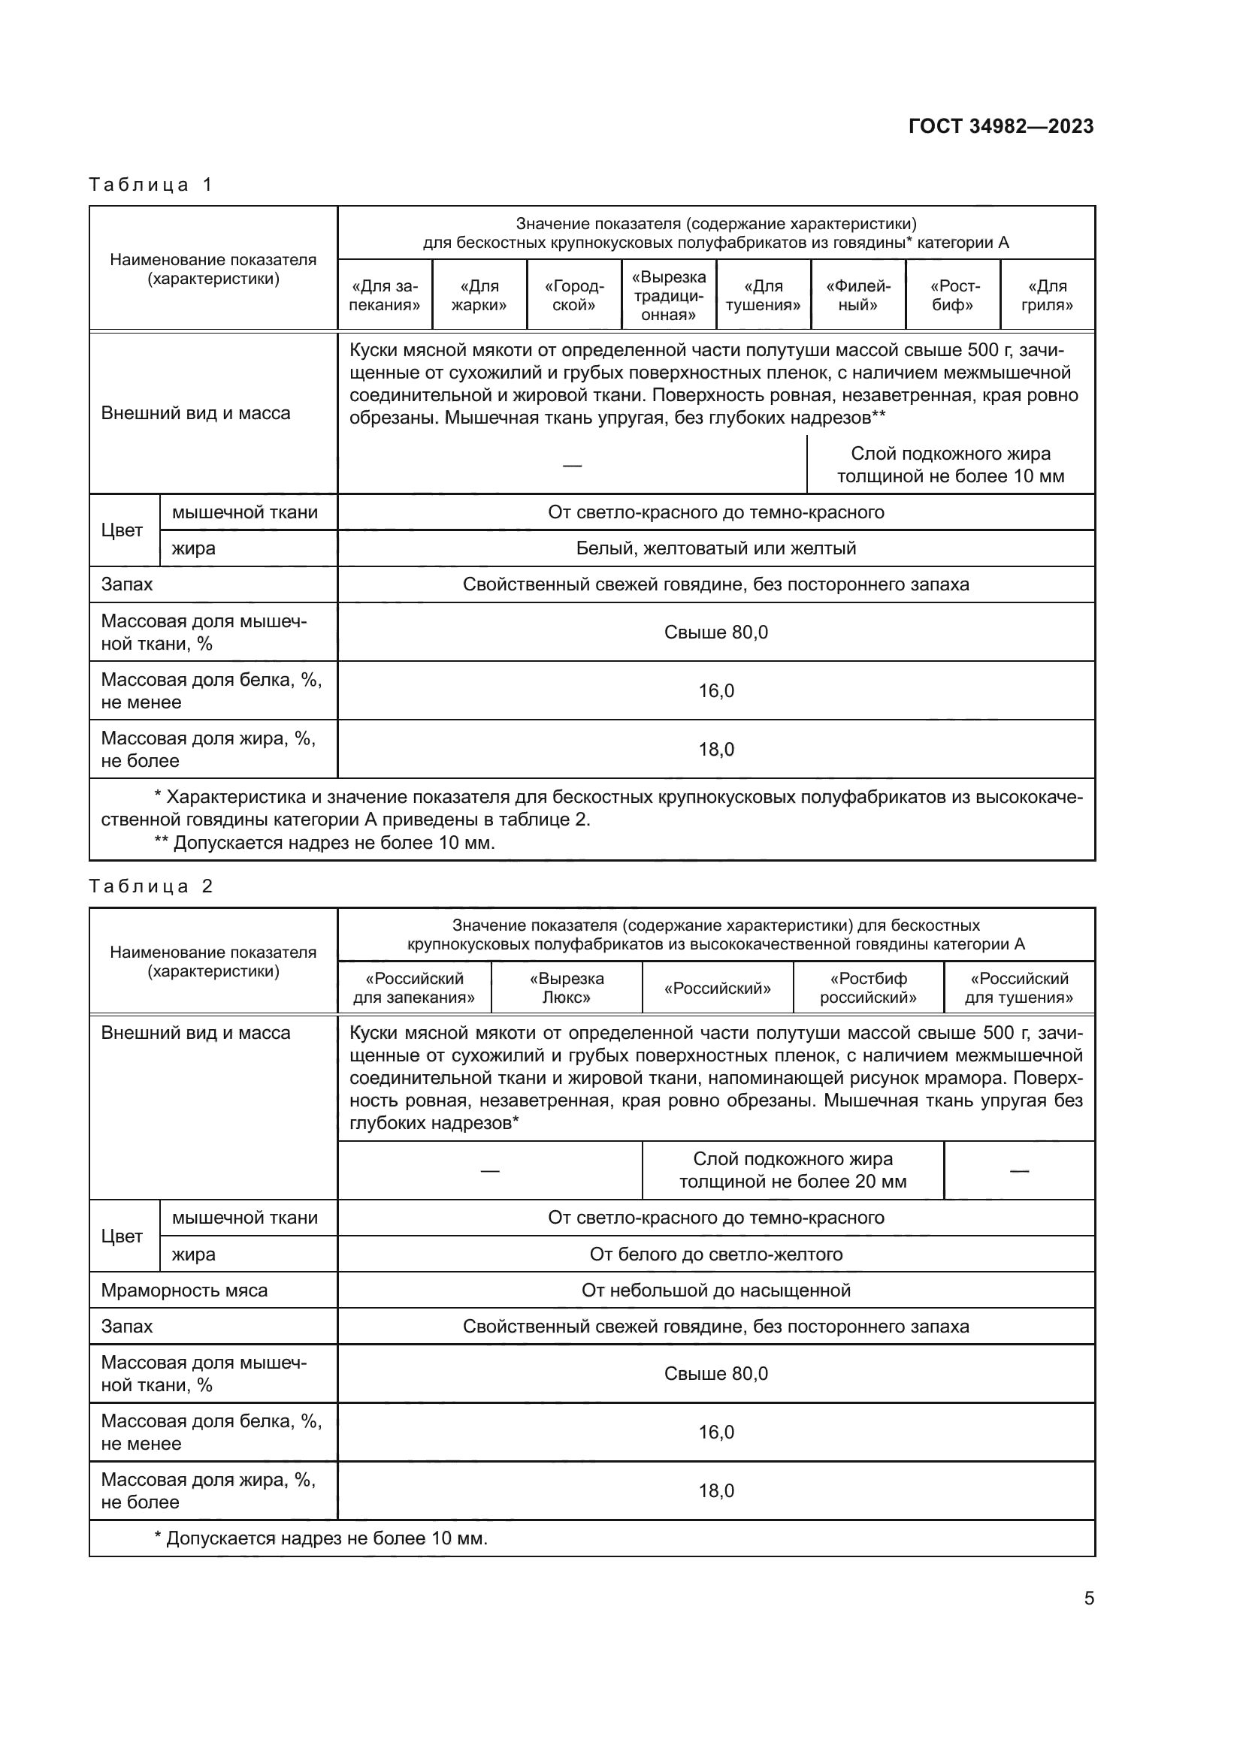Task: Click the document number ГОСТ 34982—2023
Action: (x=1000, y=126)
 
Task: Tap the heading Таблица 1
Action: (x=151, y=185)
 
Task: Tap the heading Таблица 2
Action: (x=151, y=886)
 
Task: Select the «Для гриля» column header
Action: (x=1046, y=295)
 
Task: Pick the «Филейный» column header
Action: (x=858, y=295)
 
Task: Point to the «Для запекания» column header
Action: (x=384, y=295)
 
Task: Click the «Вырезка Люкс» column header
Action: (x=567, y=988)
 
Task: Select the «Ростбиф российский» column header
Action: (x=868, y=988)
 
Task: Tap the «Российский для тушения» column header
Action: (x=1019, y=988)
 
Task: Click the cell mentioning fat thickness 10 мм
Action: (x=950, y=464)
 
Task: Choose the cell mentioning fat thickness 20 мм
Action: (x=792, y=1170)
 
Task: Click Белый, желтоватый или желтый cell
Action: (x=715, y=548)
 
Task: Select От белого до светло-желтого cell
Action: (x=715, y=1254)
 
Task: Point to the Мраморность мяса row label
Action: (x=184, y=1291)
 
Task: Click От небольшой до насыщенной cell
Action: (x=715, y=1291)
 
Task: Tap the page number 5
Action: (x=1088, y=1599)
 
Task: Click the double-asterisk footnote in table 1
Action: (x=325, y=843)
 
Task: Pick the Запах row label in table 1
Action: (x=127, y=584)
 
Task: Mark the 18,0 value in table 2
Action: (x=715, y=1490)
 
